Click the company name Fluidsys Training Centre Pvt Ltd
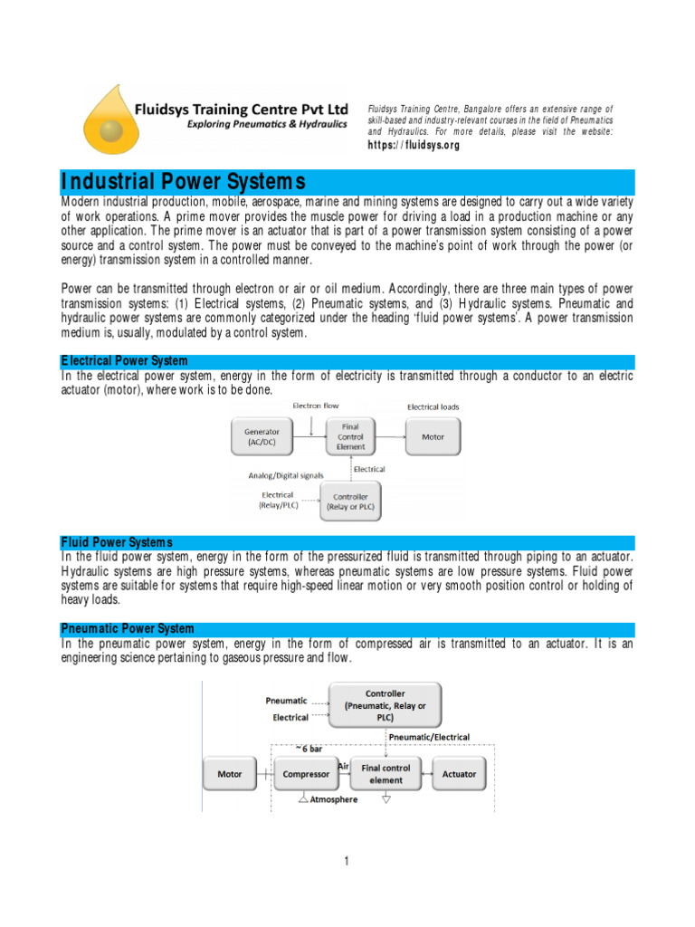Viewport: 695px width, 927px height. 241,108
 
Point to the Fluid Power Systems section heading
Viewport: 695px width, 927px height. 115,541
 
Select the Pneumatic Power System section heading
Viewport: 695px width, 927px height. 127,628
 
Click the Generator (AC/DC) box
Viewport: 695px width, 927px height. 262,438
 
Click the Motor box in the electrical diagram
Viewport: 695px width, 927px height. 433,437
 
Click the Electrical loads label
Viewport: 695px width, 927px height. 433,407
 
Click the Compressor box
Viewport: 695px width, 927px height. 305,774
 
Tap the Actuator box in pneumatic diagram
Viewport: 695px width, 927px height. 459,774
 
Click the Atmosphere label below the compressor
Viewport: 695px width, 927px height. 333,799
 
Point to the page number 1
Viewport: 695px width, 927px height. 347,861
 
